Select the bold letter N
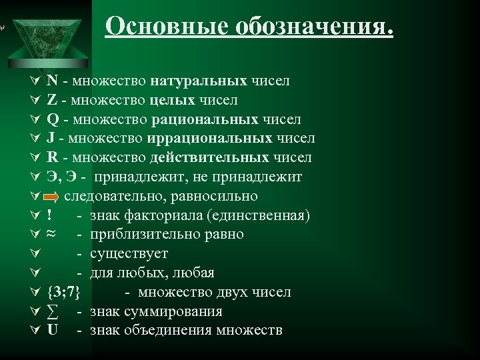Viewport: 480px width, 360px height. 51,81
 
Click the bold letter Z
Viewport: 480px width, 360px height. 51,101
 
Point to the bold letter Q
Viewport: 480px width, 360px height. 52,120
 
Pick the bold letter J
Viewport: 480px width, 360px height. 51,139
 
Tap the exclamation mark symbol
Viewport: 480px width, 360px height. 50,216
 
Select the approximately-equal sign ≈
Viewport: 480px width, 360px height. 52,235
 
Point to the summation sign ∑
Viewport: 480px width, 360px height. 53,312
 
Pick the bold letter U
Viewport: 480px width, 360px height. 53,331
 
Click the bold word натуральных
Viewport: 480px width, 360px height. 199,81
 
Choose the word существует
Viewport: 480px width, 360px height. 129,254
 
